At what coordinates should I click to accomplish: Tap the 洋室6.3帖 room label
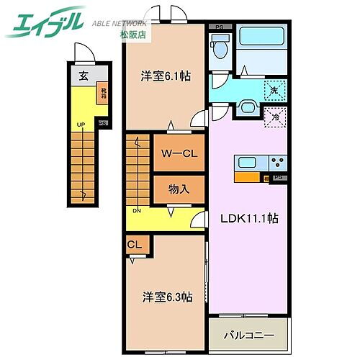166,296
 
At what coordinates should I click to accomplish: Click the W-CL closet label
179,153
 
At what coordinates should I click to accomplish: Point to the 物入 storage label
179,189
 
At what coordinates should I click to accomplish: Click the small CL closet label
135,245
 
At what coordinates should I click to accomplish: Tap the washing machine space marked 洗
274,91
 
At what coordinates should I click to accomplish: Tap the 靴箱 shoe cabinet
104,94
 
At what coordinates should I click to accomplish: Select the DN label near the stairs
136,210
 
